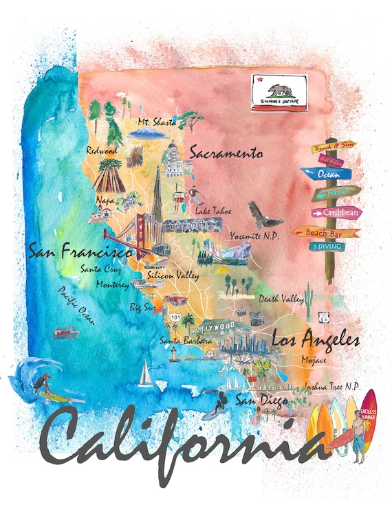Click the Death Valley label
coord(281,299)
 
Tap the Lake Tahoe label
coord(213,211)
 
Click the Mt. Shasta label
coord(157,122)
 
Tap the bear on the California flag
coord(279,90)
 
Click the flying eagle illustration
coord(263,215)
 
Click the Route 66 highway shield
coord(323,317)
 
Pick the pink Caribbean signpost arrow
coord(337,213)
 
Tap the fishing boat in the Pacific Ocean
coord(66,333)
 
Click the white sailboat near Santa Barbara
coord(145,374)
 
